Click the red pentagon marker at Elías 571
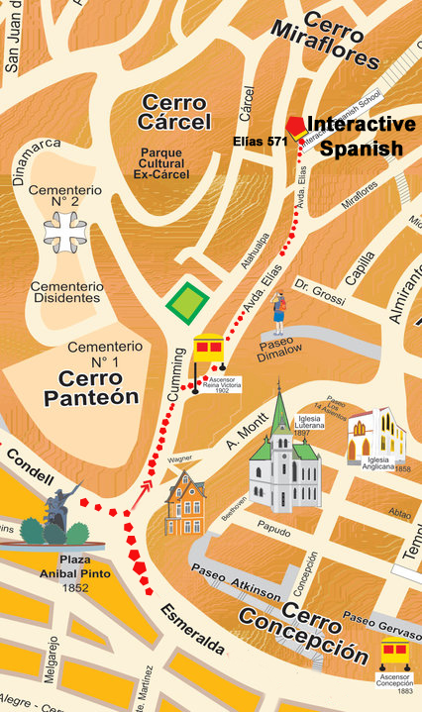[x=295, y=126]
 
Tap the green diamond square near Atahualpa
[x=186, y=302]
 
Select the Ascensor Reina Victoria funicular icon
[x=208, y=353]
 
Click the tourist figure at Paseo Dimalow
[x=280, y=312]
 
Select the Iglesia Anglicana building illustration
[x=375, y=435]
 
